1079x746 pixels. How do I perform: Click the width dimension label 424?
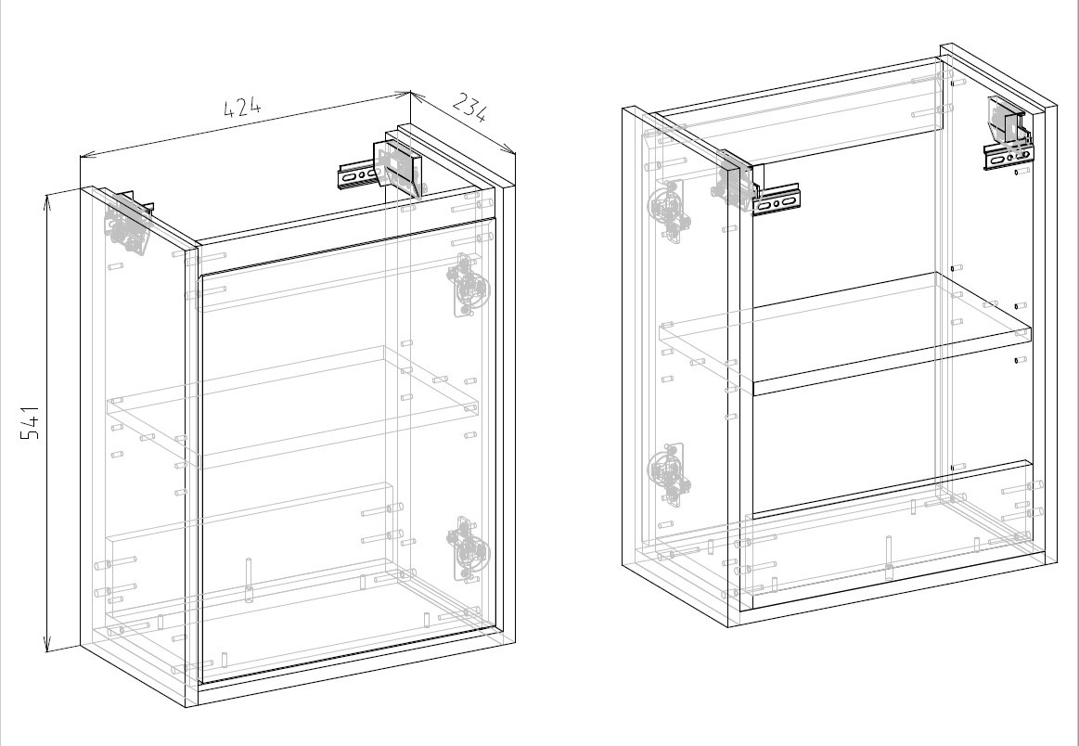tap(243, 108)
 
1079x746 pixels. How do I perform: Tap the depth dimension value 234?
tap(470, 109)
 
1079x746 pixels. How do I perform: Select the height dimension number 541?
tap(31, 423)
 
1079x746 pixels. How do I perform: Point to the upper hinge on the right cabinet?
tap(669, 210)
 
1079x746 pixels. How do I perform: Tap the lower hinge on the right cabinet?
tap(669, 474)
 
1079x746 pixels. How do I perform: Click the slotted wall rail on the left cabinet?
tap(358, 175)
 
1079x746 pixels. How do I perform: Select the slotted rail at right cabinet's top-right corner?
tap(1008, 157)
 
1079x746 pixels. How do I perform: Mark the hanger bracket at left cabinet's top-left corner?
tap(128, 222)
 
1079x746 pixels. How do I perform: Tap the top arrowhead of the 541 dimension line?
tap(46, 200)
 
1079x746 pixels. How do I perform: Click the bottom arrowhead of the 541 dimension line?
tap(46, 646)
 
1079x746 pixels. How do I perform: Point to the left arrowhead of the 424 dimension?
tap(85, 156)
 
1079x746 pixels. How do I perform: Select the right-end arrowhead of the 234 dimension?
tap(510, 150)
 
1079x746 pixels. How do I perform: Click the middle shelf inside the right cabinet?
tap(845, 334)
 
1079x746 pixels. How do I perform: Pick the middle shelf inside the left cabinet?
tap(292, 407)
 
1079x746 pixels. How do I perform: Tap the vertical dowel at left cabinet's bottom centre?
tap(249, 581)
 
